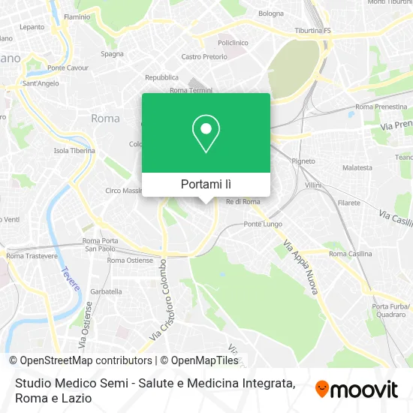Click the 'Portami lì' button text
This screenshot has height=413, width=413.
(x=206, y=184)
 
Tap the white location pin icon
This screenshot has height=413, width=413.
(x=206, y=134)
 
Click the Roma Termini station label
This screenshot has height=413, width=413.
(x=191, y=91)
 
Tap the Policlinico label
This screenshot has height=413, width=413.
(x=233, y=43)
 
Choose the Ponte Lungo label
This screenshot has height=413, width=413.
(x=262, y=225)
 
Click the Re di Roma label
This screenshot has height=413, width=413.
(x=243, y=201)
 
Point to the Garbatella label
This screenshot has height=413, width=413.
(x=106, y=291)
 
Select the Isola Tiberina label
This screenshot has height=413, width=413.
(x=74, y=150)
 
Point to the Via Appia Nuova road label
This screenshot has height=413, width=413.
(x=299, y=267)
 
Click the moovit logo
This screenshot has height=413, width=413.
(x=357, y=389)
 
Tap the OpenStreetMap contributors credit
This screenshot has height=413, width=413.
(x=80, y=360)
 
